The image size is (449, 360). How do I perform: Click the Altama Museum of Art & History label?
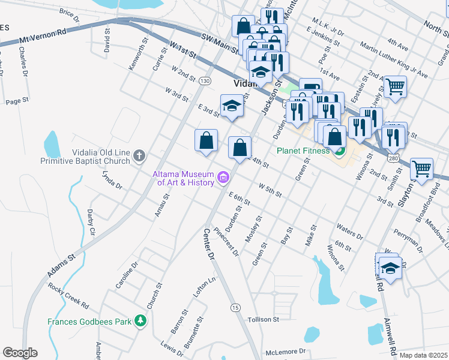183,178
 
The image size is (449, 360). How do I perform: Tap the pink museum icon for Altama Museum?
224,177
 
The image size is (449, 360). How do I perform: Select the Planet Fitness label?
304,151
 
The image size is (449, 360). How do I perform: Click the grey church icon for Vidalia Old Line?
139,156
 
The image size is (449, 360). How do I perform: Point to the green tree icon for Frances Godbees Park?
140,321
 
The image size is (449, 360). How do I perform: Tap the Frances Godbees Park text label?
89,322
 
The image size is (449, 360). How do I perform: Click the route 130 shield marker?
205,80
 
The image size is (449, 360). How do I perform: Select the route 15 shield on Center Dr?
235,307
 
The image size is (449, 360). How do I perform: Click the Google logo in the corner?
20,353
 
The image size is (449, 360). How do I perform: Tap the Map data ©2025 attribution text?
423,355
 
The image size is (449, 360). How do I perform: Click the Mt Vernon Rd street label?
44,39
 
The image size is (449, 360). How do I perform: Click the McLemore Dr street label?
286,351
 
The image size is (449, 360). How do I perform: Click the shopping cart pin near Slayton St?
421,169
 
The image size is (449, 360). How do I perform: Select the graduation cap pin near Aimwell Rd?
390,267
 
